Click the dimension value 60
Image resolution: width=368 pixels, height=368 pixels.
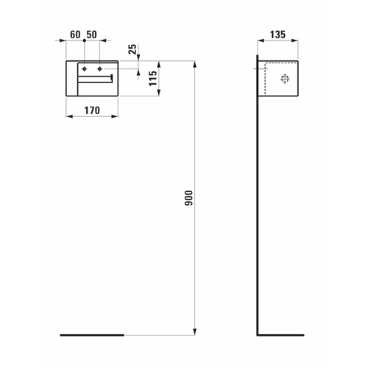coord(75,35)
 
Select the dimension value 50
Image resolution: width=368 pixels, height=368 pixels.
coord(92,35)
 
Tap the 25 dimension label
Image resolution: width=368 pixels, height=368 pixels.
coord(132,49)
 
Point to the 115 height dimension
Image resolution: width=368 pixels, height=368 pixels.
coord(153,79)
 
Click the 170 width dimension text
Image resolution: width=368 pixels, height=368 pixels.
coord(92,110)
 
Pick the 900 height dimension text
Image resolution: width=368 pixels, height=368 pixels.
coord(189,198)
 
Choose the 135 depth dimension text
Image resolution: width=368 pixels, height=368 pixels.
coord(277,35)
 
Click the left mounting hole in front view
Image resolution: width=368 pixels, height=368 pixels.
coord(85,69)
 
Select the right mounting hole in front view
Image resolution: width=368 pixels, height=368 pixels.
coord(99,69)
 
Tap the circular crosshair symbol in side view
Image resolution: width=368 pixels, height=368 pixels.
coord(285,79)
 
